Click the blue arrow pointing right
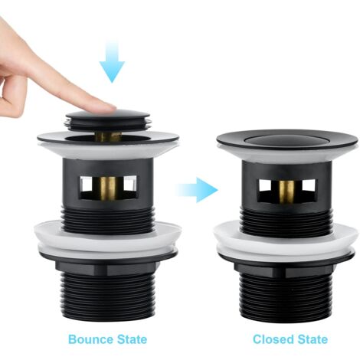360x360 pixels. [197, 190]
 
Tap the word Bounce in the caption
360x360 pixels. [90, 339]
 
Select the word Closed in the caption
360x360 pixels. [273, 339]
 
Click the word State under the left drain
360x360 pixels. [132, 339]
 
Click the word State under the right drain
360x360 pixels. [313, 339]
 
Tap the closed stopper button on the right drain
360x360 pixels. [286, 140]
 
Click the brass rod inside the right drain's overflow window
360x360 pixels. [286, 191]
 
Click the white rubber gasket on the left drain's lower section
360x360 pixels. [106, 240]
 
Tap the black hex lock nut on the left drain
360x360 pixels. [107, 267]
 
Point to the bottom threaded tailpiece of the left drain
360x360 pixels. [107, 296]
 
